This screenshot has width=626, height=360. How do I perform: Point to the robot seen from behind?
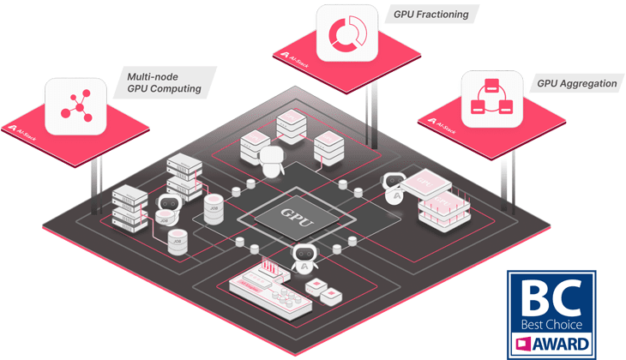pos(273,160)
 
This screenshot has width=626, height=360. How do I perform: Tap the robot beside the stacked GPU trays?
pos(394,188)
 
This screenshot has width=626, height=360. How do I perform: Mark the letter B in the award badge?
pos(530,294)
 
